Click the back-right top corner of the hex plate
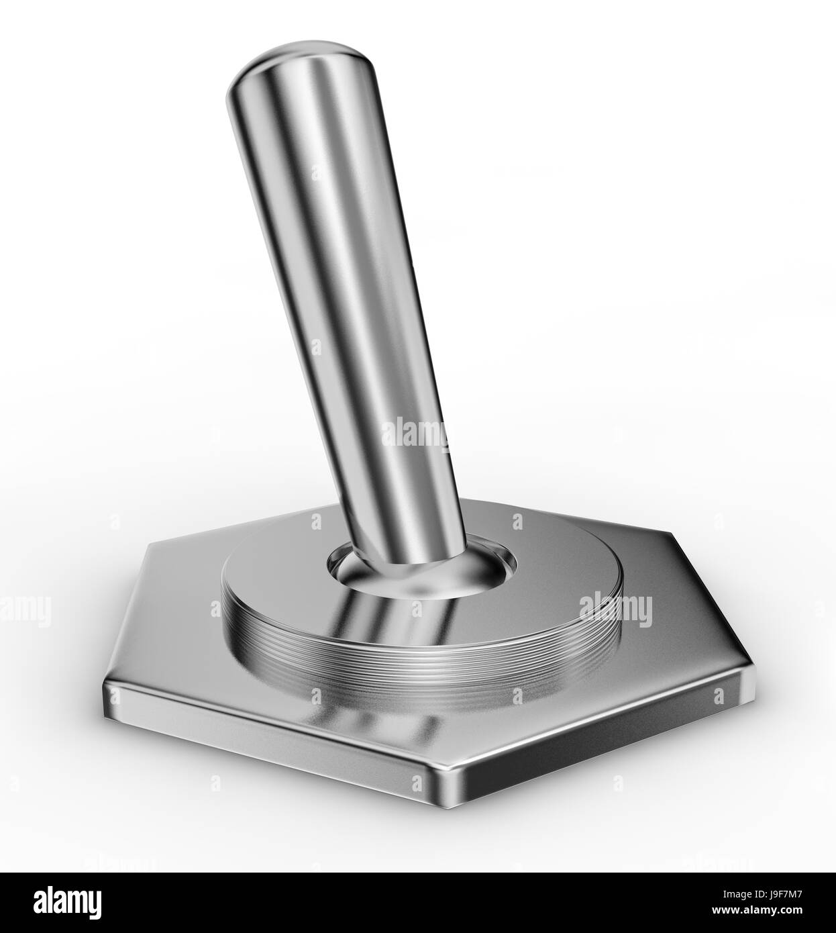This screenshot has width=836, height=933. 671,534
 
